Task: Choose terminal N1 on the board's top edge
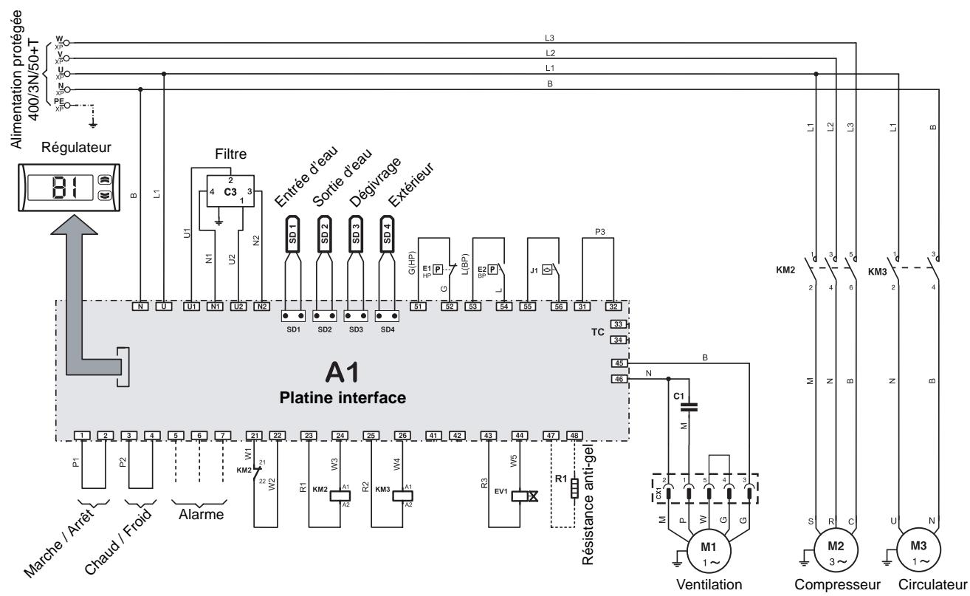point(214,305)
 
